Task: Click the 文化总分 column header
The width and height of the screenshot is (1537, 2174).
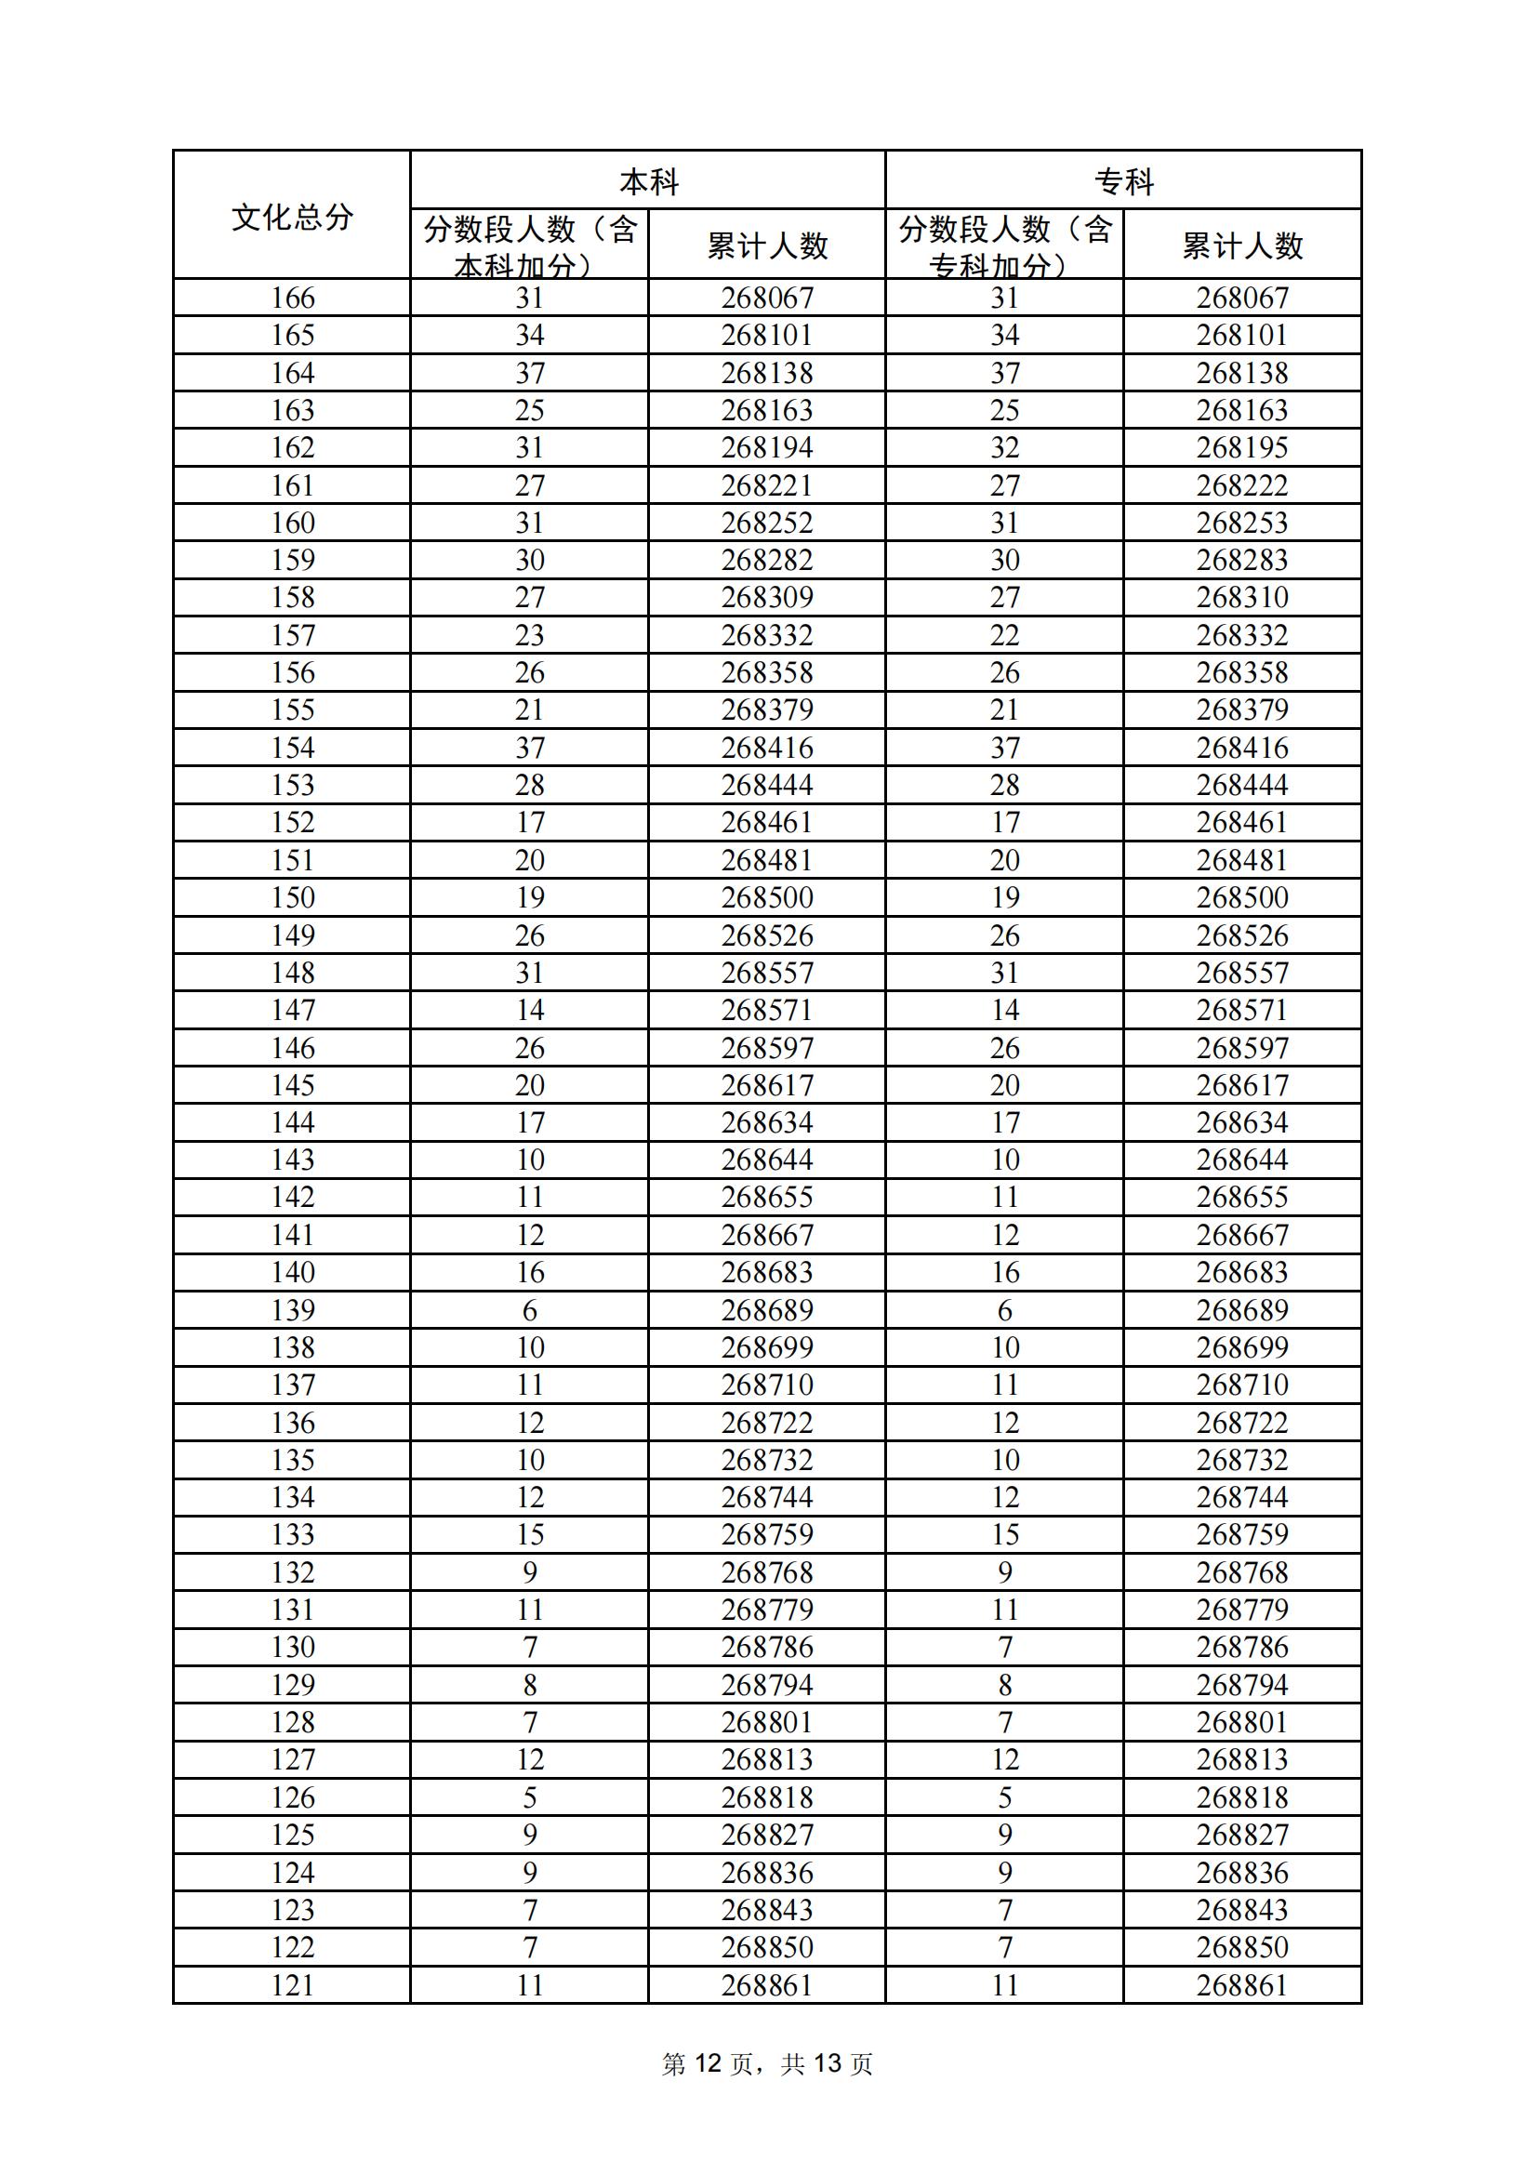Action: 292,217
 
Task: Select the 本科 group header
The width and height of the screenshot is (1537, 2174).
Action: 648,182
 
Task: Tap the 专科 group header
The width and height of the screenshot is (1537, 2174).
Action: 1123,182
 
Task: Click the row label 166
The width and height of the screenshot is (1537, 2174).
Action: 292,298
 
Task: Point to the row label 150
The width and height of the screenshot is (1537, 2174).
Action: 292,897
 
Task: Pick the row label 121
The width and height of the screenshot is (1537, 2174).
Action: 292,1985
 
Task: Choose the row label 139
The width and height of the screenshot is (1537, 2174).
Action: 292,1310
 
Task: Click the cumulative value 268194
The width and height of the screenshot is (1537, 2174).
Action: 766,448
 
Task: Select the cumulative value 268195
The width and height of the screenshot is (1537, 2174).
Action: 1241,448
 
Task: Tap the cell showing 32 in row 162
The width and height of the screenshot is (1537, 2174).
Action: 1004,448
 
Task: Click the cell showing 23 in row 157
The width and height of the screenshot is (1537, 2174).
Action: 529,635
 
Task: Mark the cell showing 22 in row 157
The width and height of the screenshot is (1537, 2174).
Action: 1004,635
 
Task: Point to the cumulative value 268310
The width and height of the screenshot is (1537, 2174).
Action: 1241,598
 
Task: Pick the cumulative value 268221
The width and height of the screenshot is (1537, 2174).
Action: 766,485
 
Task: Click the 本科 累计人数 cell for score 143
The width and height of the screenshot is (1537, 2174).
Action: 766,1160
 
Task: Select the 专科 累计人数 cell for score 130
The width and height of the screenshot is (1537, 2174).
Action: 1241,1648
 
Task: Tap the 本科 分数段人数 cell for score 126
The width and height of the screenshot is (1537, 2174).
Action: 529,1798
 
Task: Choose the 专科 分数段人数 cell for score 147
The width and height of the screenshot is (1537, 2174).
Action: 1004,1011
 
